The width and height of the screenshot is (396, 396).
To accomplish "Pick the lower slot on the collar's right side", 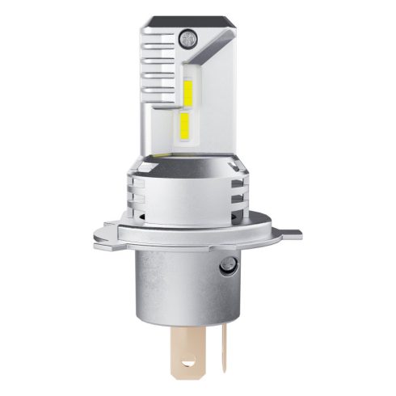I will click(239, 204).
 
